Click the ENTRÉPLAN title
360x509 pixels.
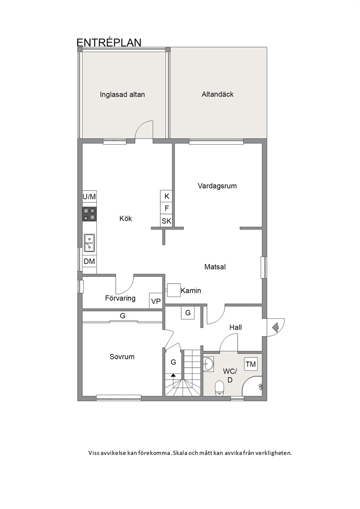point(109,42)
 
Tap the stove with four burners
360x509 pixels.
point(89,214)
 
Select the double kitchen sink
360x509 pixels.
point(89,243)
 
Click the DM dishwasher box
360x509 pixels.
point(89,261)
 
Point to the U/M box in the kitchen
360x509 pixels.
point(89,197)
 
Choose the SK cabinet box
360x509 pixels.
point(166,221)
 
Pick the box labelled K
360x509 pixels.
point(166,196)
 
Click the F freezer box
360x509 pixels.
point(166,208)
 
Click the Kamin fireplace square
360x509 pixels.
point(174,290)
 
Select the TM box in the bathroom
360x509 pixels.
point(251,364)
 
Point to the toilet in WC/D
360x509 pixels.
point(220,388)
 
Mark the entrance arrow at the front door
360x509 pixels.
point(275,328)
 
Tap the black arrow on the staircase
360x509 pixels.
point(173,375)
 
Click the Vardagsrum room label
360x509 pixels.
point(217,186)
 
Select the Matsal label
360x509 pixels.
point(215,267)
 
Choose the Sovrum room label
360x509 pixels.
point(122,357)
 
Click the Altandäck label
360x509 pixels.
point(218,94)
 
